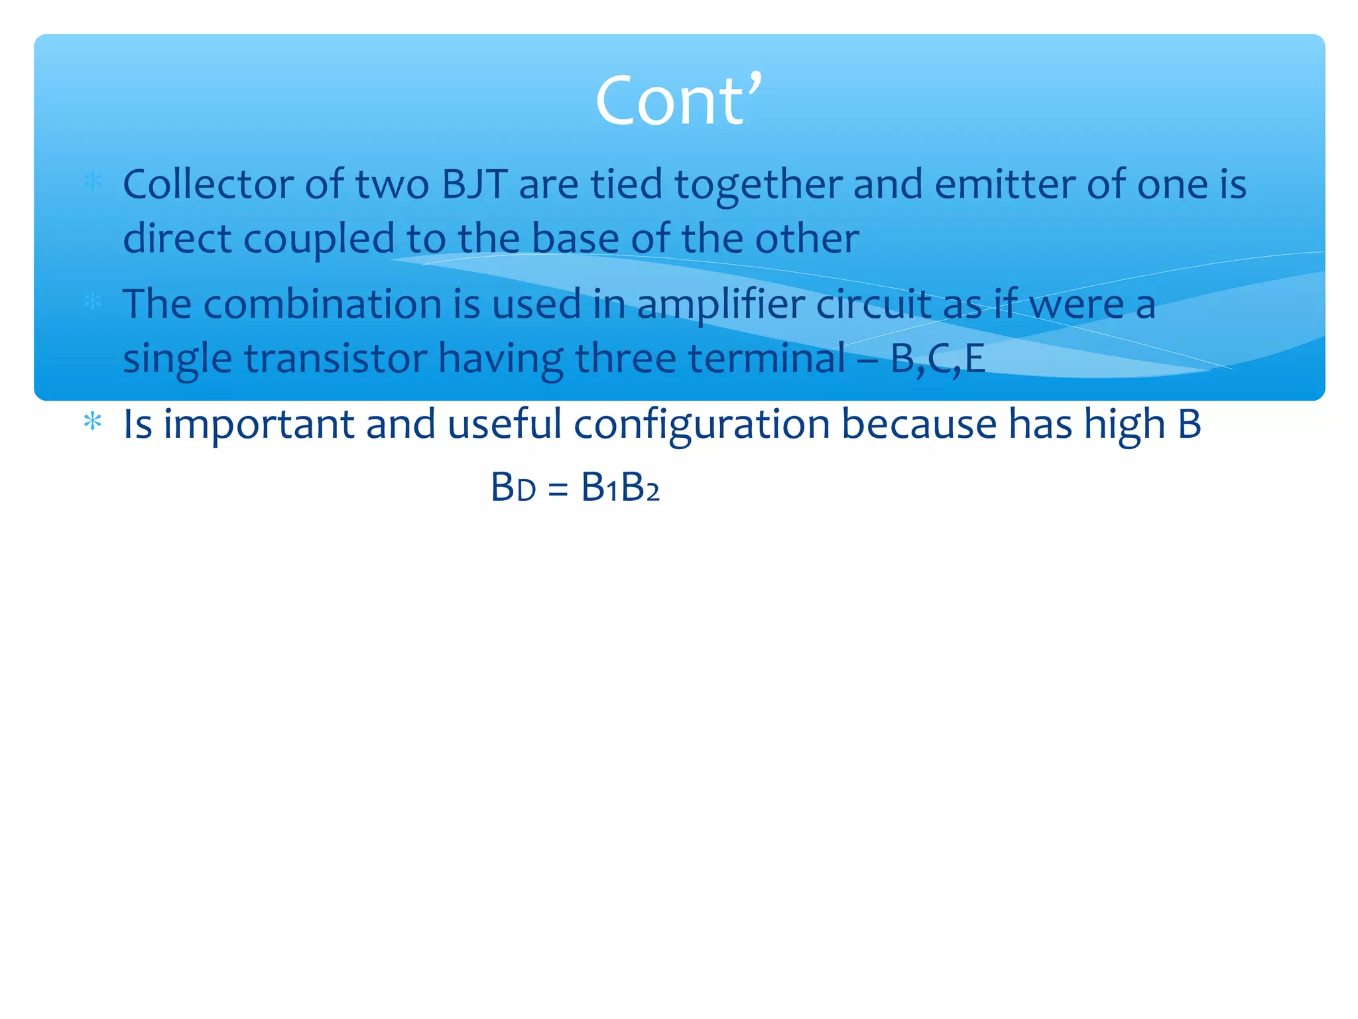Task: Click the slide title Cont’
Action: click(x=678, y=101)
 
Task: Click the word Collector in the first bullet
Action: click(x=208, y=184)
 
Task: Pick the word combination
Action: click(x=322, y=305)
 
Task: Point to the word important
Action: click(x=259, y=425)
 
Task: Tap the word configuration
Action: click(x=701, y=425)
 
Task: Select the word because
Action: click(x=918, y=424)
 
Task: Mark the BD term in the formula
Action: click(x=513, y=488)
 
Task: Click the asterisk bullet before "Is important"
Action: click(x=93, y=422)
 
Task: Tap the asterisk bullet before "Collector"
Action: click(x=93, y=182)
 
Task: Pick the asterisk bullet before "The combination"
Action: click(x=93, y=302)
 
